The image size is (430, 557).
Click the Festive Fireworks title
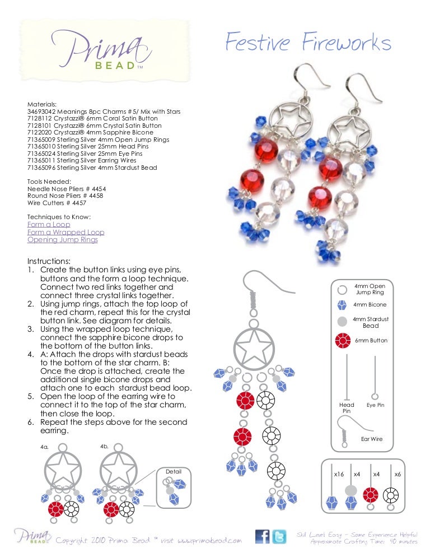308,43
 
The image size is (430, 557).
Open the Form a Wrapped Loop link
66,232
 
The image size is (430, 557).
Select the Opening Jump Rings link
62,240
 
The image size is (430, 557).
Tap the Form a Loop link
49,225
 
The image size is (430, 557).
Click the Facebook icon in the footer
263,537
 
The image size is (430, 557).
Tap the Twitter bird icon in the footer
281,537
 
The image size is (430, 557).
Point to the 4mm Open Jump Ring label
370,289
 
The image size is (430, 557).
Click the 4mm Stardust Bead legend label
370,322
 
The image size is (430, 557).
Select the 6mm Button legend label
370,340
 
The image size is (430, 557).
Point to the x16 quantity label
338,474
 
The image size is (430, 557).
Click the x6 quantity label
398,474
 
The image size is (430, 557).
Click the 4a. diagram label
45,448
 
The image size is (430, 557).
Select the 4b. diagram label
104,447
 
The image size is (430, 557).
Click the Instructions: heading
49,261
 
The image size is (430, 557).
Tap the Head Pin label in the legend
347,407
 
